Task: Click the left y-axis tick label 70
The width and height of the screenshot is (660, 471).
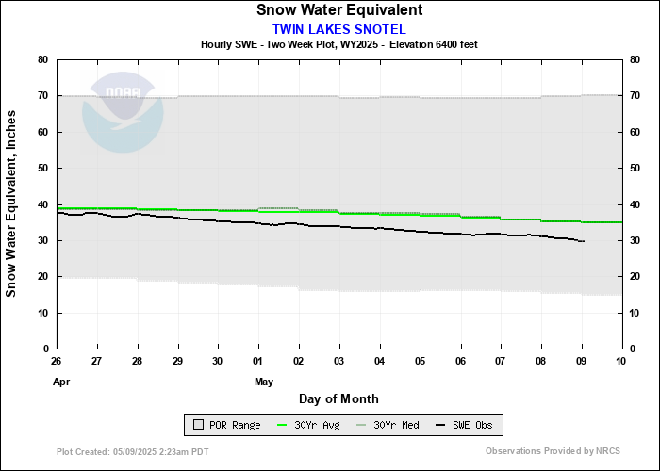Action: coord(42,96)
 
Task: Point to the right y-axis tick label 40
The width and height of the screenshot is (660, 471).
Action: coord(635,204)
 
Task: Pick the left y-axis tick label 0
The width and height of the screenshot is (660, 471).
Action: coord(45,349)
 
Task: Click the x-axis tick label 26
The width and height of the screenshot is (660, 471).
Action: coord(57,362)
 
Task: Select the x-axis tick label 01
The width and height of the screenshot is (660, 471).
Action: coord(258,362)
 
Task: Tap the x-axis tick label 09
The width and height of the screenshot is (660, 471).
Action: coord(581,362)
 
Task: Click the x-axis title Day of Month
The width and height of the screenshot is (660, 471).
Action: coord(338,399)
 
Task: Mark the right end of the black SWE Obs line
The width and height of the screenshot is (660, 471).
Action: coord(585,242)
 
